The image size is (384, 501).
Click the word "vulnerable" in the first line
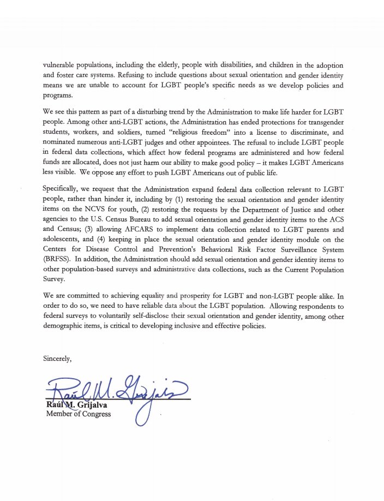[59, 64]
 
